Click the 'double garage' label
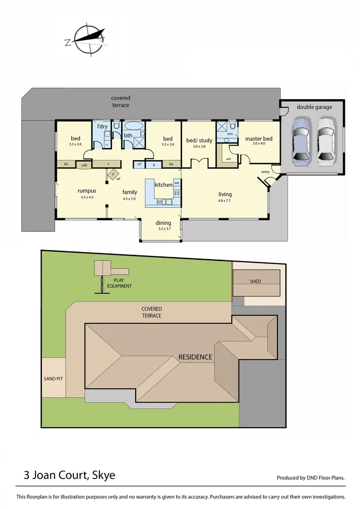314,107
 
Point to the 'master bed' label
259,139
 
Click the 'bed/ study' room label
199,140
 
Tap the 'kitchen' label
164,185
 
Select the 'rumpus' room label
87,191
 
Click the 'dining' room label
164,223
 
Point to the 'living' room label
225,194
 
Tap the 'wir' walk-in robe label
229,159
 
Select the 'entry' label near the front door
265,172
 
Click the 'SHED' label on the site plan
255,281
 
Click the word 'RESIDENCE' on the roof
195,357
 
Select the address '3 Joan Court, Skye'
69,475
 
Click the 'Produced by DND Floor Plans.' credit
311,477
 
